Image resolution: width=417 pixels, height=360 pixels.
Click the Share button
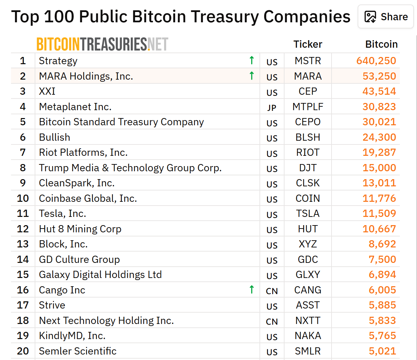[386, 17]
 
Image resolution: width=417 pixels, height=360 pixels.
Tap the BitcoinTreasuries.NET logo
[102, 44]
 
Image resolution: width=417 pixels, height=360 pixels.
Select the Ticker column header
[308, 44]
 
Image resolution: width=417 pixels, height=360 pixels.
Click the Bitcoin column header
[381, 44]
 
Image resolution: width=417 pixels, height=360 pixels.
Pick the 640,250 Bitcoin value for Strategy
[376, 61]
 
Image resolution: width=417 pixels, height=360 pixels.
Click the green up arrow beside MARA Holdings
[252, 76]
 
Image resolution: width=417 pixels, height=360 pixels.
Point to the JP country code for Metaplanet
[272, 108]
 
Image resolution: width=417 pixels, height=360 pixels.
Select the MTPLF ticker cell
[308, 107]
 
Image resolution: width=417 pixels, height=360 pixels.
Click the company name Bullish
[55, 137]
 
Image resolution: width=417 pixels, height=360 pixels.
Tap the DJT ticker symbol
[308, 168]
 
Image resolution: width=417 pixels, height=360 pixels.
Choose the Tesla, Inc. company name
[62, 213]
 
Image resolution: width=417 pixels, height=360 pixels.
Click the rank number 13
[23, 244]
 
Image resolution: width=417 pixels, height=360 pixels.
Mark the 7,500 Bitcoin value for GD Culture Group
[382, 259]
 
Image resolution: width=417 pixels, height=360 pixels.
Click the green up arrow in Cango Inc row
[252, 289]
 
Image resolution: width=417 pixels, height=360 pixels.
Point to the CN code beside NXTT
[272, 322]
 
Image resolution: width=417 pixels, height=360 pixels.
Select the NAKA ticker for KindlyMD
[308, 336]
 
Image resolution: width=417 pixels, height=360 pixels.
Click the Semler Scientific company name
[78, 351]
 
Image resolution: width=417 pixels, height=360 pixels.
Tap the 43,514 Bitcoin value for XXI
[379, 91]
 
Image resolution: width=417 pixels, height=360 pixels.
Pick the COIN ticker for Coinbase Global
[308, 198]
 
